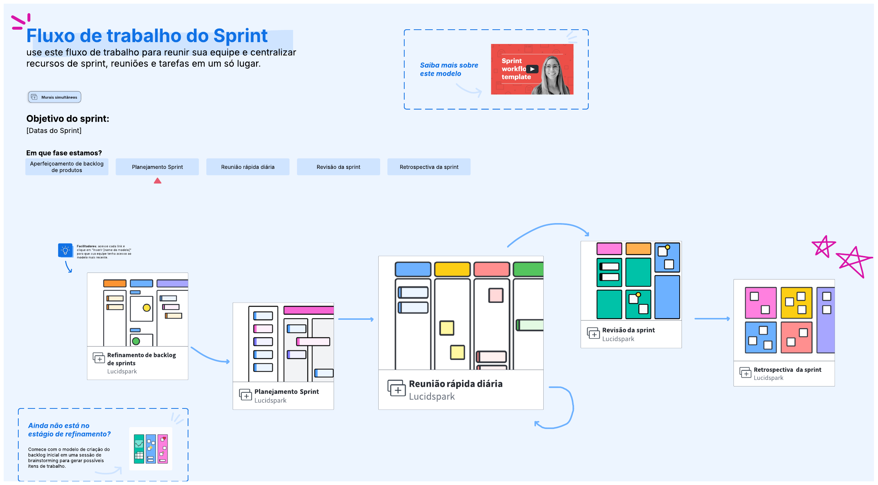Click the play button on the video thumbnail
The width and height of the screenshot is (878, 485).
[532, 69]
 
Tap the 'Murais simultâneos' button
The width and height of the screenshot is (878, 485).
[55, 97]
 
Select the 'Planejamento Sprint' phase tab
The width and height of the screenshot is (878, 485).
[157, 167]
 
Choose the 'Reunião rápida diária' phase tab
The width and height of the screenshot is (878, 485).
[248, 167]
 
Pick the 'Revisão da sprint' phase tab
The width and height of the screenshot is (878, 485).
[338, 167]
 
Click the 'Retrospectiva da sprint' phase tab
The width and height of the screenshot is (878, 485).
[429, 167]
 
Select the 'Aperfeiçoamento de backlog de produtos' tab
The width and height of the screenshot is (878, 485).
[67, 167]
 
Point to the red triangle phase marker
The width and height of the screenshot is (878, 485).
[158, 181]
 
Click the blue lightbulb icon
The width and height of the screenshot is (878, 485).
[65, 251]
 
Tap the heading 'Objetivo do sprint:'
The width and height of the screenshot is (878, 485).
[68, 119]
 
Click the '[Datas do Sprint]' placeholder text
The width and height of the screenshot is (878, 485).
[54, 131]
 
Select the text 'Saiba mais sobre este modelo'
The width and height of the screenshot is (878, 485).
[449, 69]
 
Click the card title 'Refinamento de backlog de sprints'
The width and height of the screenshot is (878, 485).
[141, 359]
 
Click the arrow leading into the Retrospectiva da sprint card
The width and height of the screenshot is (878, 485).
[712, 319]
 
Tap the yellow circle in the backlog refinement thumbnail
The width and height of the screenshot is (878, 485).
[147, 308]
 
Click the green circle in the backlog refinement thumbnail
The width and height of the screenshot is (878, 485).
[136, 341]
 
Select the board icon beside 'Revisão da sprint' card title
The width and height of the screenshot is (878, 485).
[593, 333]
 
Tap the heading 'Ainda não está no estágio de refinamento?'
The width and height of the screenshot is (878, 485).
[69, 430]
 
